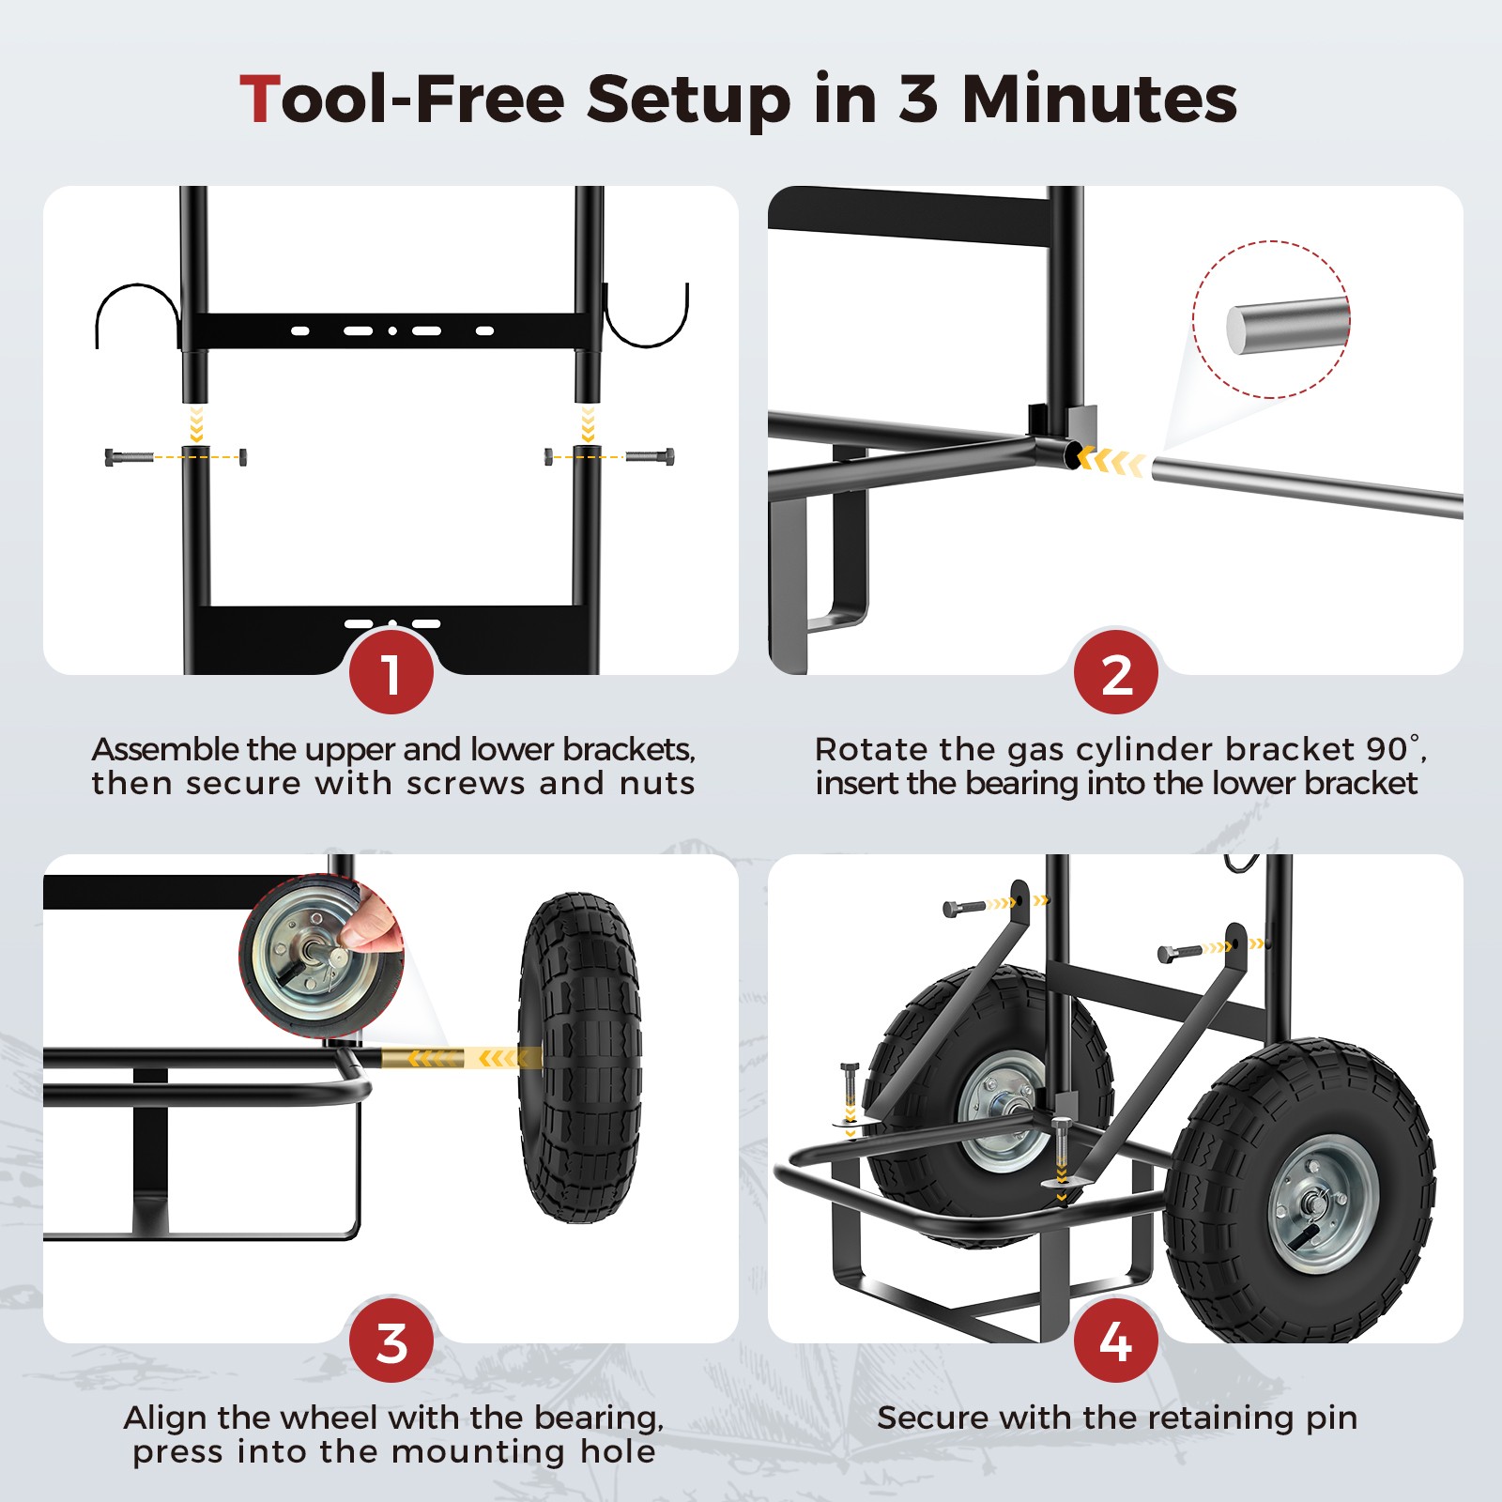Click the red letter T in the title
[x=259, y=100]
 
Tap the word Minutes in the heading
[x=1099, y=100]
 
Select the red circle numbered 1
[x=391, y=673]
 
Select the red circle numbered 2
[x=1115, y=673]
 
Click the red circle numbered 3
[x=391, y=1341]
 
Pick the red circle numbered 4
[x=1115, y=1341]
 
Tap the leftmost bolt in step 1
[x=129, y=457]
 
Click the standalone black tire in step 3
[x=579, y=1058]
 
